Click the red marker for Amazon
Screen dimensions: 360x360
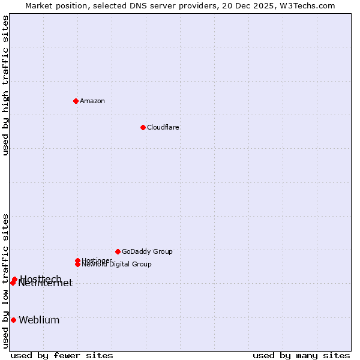(76, 101)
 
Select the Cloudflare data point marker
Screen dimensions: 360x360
(143, 127)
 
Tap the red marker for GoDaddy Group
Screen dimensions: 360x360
(118, 251)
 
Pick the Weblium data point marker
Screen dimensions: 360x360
(13, 320)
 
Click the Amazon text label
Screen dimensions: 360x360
(92, 101)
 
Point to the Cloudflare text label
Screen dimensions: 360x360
(163, 127)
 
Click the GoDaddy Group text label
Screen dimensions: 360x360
(147, 251)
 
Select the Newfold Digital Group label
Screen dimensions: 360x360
(117, 264)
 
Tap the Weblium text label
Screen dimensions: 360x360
(39, 320)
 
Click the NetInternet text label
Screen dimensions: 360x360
(46, 283)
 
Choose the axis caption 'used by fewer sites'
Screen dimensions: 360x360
(62, 355)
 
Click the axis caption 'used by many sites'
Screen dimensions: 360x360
(301, 355)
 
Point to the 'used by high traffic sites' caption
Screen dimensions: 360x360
(5, 85)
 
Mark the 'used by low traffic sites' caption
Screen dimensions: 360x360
(5, 281)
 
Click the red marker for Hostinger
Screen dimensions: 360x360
(77, 260)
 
